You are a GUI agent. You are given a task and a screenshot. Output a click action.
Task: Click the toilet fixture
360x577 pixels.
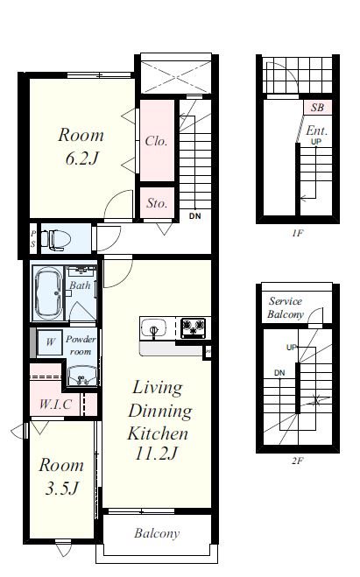point(55,239)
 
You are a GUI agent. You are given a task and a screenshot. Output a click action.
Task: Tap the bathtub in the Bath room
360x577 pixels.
point(48,293)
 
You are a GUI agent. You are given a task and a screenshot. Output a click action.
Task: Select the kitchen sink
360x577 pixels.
point(154,327)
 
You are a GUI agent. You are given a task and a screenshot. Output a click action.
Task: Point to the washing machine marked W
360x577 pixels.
point(50,342)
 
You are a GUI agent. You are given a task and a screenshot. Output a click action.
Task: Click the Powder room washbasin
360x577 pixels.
point(82,376)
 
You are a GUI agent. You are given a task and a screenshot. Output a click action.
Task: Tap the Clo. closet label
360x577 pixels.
point(157,141)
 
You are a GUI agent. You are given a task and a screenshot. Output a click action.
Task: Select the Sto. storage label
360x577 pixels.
point(157,203)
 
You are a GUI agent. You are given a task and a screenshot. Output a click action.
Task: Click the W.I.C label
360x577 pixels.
point(55,404)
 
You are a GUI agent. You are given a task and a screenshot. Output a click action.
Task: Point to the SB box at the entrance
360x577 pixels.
point(317,107)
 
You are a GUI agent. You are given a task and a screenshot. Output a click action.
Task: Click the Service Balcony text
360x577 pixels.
point(286,307)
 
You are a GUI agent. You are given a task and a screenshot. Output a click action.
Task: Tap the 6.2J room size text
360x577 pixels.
point(82,159)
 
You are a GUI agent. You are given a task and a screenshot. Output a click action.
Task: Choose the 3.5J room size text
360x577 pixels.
point(62,489)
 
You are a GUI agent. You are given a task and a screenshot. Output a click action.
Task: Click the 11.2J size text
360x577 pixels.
point(157,454)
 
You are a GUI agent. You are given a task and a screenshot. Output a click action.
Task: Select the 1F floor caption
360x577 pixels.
point(298,233)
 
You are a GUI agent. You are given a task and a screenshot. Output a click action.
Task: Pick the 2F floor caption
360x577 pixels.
point(297,461)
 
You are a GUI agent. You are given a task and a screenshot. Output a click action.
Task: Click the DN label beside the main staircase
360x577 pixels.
point(195,216)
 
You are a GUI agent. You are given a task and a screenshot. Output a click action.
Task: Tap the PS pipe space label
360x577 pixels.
point(33,238)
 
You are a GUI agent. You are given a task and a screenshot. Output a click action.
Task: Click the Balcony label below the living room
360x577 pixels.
point(157,533)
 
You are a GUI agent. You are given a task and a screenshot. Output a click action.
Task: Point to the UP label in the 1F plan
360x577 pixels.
point(316,142)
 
